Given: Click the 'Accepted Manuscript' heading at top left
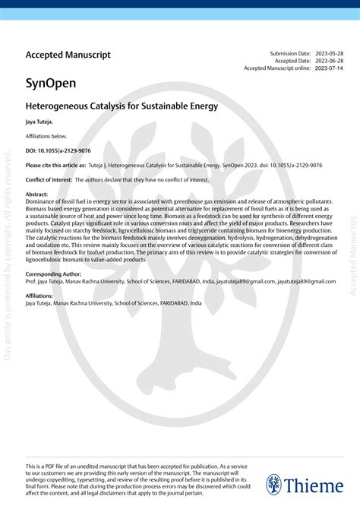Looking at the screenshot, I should pos(68,55).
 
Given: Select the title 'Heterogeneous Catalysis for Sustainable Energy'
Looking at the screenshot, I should pos(122,106).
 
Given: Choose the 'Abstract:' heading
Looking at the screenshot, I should pos(36,194).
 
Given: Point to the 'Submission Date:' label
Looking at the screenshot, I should pos(290,53).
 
